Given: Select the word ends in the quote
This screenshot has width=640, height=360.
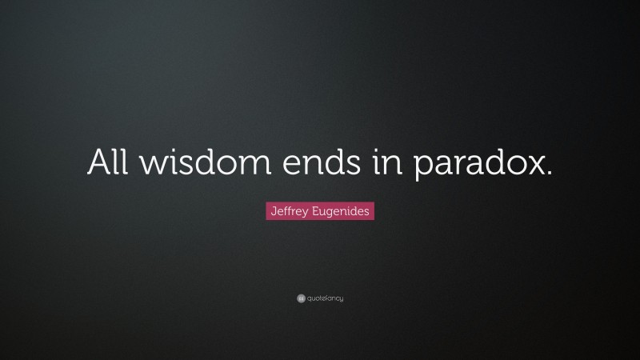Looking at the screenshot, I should coord(316,163).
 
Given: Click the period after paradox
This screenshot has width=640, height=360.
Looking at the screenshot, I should coord(549,174).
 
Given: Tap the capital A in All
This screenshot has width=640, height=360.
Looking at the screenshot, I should coord(98,163).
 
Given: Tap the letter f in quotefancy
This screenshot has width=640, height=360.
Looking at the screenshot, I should coord(325,298).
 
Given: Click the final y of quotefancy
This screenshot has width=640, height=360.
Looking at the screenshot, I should coord(341,300).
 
